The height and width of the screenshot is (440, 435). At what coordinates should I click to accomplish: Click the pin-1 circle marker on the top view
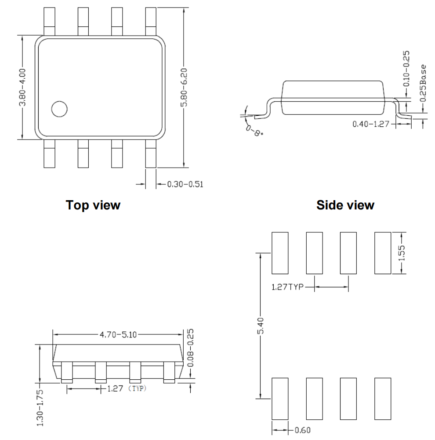59,109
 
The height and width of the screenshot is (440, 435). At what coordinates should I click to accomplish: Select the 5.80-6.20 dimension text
185,87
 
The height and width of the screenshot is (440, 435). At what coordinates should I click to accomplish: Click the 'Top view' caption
93,205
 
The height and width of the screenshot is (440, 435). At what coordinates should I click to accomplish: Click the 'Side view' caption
346,205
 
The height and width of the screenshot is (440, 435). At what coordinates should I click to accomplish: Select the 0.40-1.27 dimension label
371,124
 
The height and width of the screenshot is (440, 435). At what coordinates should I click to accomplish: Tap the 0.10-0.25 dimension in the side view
406,68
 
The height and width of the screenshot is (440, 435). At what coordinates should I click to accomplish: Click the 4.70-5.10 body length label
117,334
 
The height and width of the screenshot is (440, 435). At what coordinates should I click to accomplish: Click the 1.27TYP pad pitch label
287,288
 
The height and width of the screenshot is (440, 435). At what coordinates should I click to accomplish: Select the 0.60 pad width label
302,430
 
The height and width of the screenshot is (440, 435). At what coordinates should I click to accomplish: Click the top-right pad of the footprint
382,253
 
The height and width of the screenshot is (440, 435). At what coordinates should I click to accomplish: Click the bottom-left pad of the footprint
280,399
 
